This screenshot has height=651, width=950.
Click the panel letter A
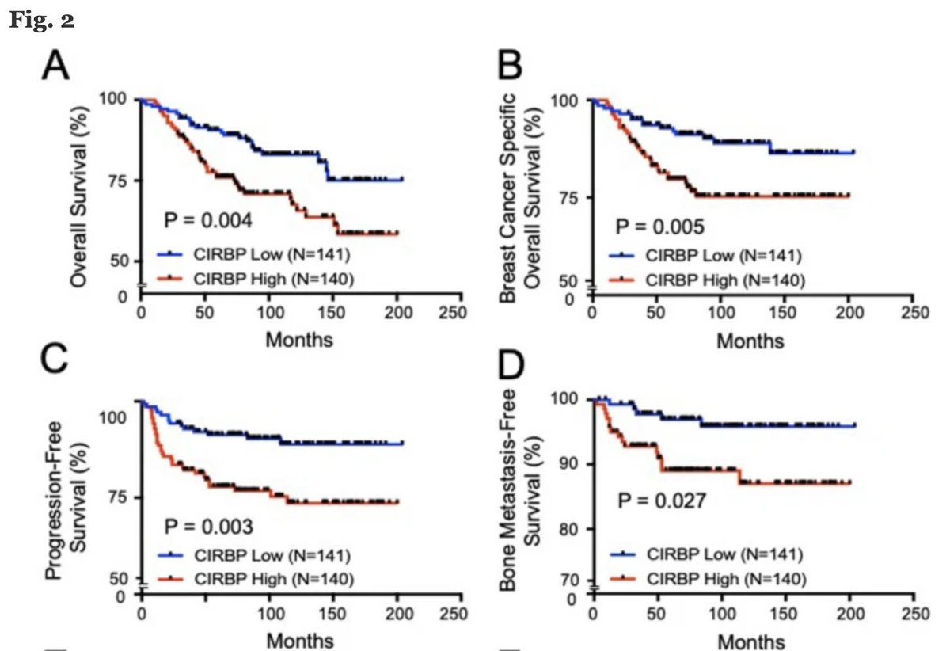click(55, 67)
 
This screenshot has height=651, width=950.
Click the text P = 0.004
click(208, 221)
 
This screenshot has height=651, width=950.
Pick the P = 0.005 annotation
click(660, 228)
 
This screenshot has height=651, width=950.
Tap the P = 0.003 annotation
click(208, 525)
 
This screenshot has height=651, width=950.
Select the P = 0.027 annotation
click(660, 501)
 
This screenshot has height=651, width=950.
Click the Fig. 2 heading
click(41, 21)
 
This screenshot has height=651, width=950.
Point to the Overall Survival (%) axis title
click(78, 193)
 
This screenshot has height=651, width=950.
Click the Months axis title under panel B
click(750, 341)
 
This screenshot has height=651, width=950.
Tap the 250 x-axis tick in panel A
click(452, 312)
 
